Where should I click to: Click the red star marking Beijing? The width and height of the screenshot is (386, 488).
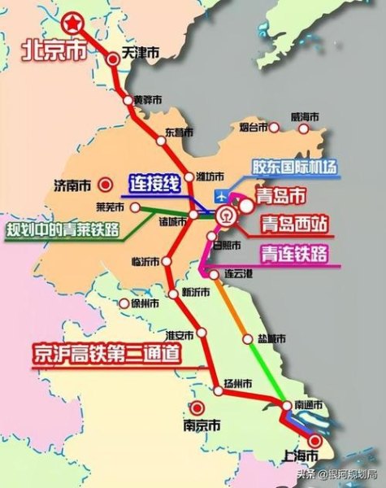(x=76, y=23)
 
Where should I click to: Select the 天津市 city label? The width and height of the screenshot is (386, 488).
(x=140, y=53)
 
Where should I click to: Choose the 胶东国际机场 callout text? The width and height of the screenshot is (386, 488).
(x=294, y=168)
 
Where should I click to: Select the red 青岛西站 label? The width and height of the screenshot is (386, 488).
(x=293, y=223)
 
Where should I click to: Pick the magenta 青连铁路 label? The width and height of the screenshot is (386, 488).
(x=293, y=253)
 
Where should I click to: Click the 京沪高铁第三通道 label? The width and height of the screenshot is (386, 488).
(x=106, y=355)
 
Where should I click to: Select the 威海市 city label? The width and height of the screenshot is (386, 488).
(x=306, y=118)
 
